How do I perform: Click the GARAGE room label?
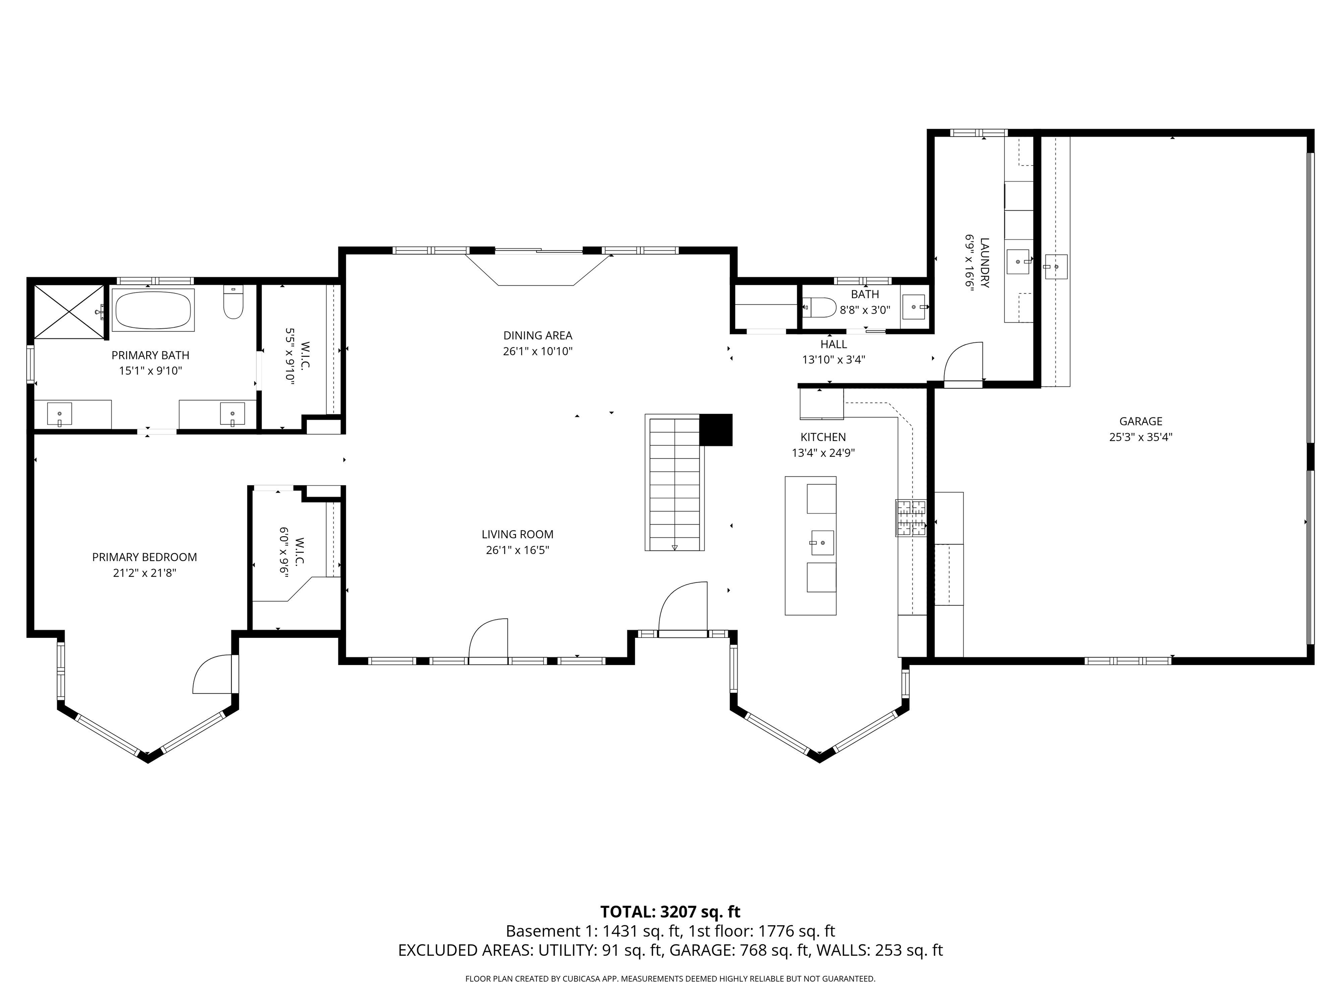pyautogui.click(x=1140, y=421)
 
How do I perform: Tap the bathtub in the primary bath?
pyautogui.click(x=153, y=309)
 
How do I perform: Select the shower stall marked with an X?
pyautogui.click(x=69, y=312)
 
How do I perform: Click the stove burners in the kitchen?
pyautogui.click(x=911, y=518)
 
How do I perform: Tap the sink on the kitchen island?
pyautogui.click(x=822, y=543)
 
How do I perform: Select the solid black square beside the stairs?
pyautogui.click(x=716, y=429)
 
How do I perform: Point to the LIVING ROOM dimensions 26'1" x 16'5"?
pyautogui.click(x=517, y=550)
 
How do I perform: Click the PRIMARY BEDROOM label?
pyautogui.click(x=144, y=557)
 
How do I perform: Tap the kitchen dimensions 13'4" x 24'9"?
pyautogui.click(x=823, y=452)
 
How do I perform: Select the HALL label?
pyautogui.click(x=834, y=344)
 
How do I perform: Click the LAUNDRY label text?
pyautogui.click(x=984, y=262)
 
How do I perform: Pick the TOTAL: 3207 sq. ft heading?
pyautogui.click(x=670, y=911)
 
